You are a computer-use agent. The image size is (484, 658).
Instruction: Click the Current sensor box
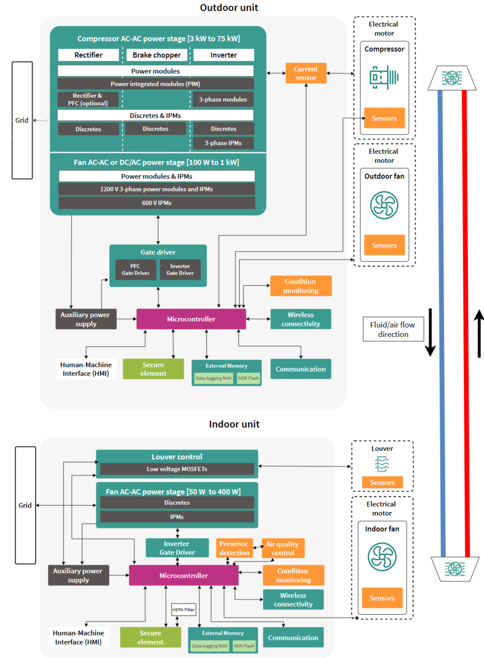click(306, 73)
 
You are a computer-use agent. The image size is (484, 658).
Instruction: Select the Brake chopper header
click(157, 55)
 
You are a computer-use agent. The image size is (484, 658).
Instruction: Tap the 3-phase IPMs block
click(223, 143)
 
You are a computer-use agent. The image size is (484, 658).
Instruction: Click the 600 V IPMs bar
click(157, 203)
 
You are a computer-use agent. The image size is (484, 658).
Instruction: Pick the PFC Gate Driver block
click(136, 269)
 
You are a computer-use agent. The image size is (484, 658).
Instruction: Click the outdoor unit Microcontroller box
click(191, 319)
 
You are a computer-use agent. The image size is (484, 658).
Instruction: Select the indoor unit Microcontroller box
click(184, 576)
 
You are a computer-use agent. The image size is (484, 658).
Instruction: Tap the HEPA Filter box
click(184, 610)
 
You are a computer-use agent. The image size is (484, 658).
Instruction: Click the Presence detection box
click(234, 548)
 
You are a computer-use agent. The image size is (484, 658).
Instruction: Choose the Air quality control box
click(283, 548)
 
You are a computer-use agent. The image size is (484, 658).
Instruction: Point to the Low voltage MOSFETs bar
click(177, 469)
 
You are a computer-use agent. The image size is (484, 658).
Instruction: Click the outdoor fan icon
click(384, 205)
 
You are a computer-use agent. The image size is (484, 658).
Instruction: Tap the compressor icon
click(384, 77)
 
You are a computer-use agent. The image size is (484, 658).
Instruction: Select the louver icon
click(382, 464)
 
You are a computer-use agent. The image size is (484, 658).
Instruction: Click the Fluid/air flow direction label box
click(393, 329)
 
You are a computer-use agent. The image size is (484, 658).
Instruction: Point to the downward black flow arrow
click(430, 332)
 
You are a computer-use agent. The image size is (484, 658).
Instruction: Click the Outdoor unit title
click(229, 8)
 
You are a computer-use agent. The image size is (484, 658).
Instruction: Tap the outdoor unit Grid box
click(22, 120)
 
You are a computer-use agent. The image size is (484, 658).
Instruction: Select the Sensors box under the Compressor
click(384, 118)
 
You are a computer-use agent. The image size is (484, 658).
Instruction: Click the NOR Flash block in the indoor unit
click(244, 646)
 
